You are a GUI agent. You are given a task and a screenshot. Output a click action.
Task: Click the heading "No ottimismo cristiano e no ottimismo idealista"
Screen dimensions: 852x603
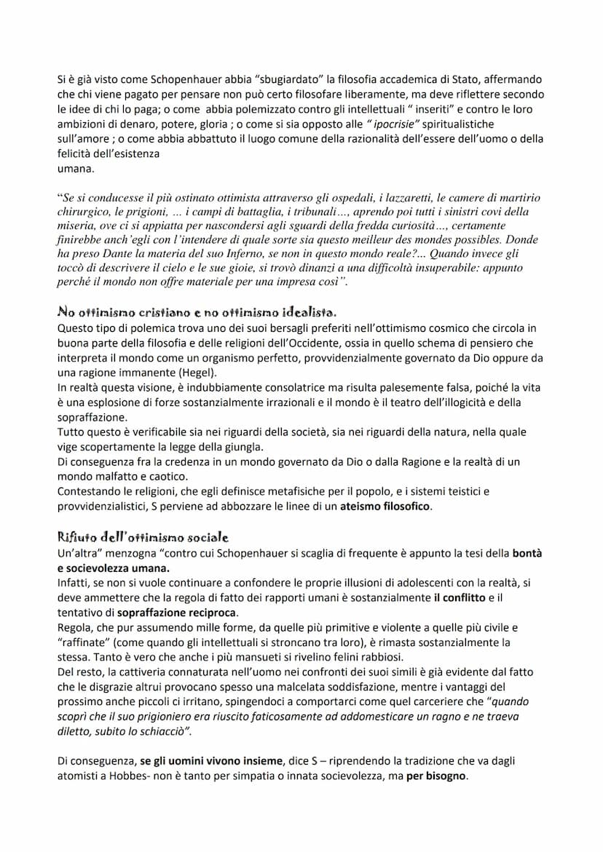tap(196, 311)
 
